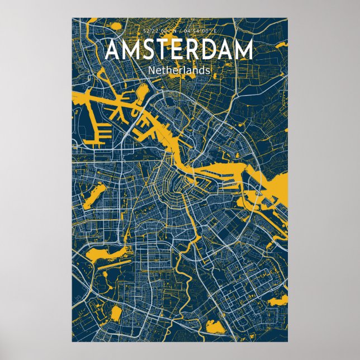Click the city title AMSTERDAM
tap(179, 50)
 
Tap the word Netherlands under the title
tap(179, 70)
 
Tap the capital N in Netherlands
tap(152, 70)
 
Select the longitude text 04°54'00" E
tap(199, 31)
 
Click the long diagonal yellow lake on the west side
tap(93, 196)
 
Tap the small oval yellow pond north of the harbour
tap(143, 90)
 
